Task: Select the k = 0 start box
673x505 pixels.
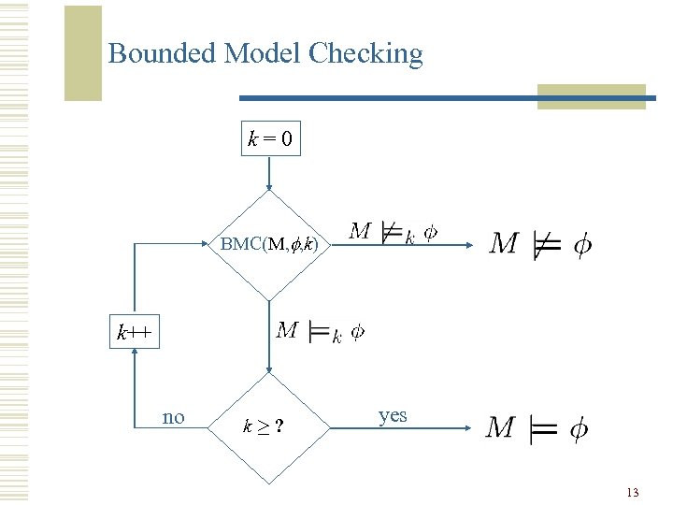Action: [269, 141]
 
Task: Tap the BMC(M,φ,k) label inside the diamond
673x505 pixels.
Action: [269, 245]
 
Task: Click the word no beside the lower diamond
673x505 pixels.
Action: [174, 417]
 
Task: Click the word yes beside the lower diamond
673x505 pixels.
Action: [393, 415]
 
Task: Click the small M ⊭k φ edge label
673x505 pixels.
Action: [393, 232]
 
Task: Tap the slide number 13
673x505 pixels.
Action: [633, 492]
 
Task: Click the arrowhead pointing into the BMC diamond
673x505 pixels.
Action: [269, 186]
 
